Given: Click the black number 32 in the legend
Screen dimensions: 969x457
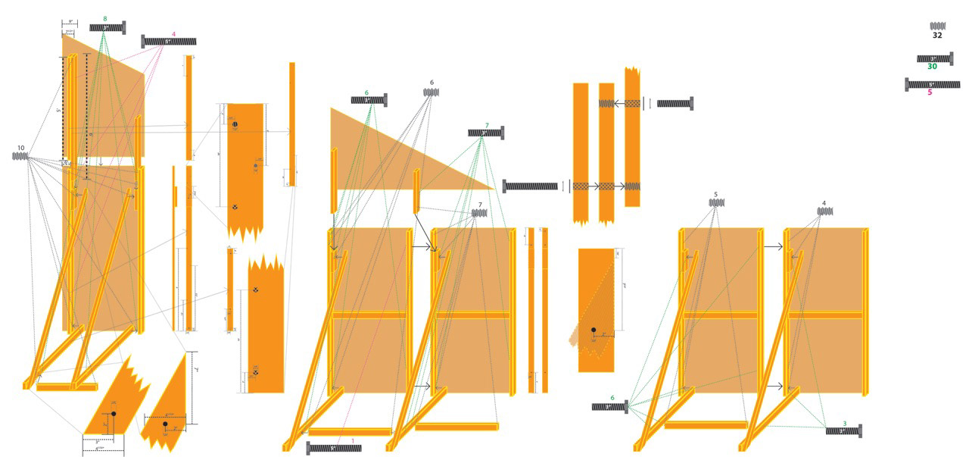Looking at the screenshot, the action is (x=937, y=36).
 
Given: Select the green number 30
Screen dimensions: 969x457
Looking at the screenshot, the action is (x=932, y=67).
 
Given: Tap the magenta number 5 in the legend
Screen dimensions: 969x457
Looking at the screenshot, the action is (x=930, y=92).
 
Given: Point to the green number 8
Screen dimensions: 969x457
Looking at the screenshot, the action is (x=104, y=17).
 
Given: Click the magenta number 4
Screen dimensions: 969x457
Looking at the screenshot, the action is (x=173, y=34).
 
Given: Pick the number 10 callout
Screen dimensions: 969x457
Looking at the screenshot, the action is (x=20, y=147).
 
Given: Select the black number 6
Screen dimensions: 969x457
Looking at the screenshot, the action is (x=432, y=83).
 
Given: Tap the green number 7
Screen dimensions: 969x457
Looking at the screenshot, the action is (x=487, y=125).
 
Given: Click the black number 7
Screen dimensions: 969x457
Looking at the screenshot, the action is (x=479, y=205).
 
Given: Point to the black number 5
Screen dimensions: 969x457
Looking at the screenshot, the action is (x=716, y=194).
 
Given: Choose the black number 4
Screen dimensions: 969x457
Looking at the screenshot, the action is (x=824, y=203).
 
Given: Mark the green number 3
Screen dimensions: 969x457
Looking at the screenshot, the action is (x=845, y=423).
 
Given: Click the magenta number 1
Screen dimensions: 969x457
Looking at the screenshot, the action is (x=352, y=440).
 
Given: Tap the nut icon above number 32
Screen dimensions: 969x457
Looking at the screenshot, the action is (x=937, y=26).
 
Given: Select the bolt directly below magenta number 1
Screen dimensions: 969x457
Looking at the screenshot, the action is (x=334, y=449).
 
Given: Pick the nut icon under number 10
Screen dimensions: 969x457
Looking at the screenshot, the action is (x=20, y=156).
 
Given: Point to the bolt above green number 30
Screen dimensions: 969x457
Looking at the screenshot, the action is (x=934, y=58).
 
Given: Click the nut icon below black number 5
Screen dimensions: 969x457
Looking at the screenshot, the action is (x=717, y=202).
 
